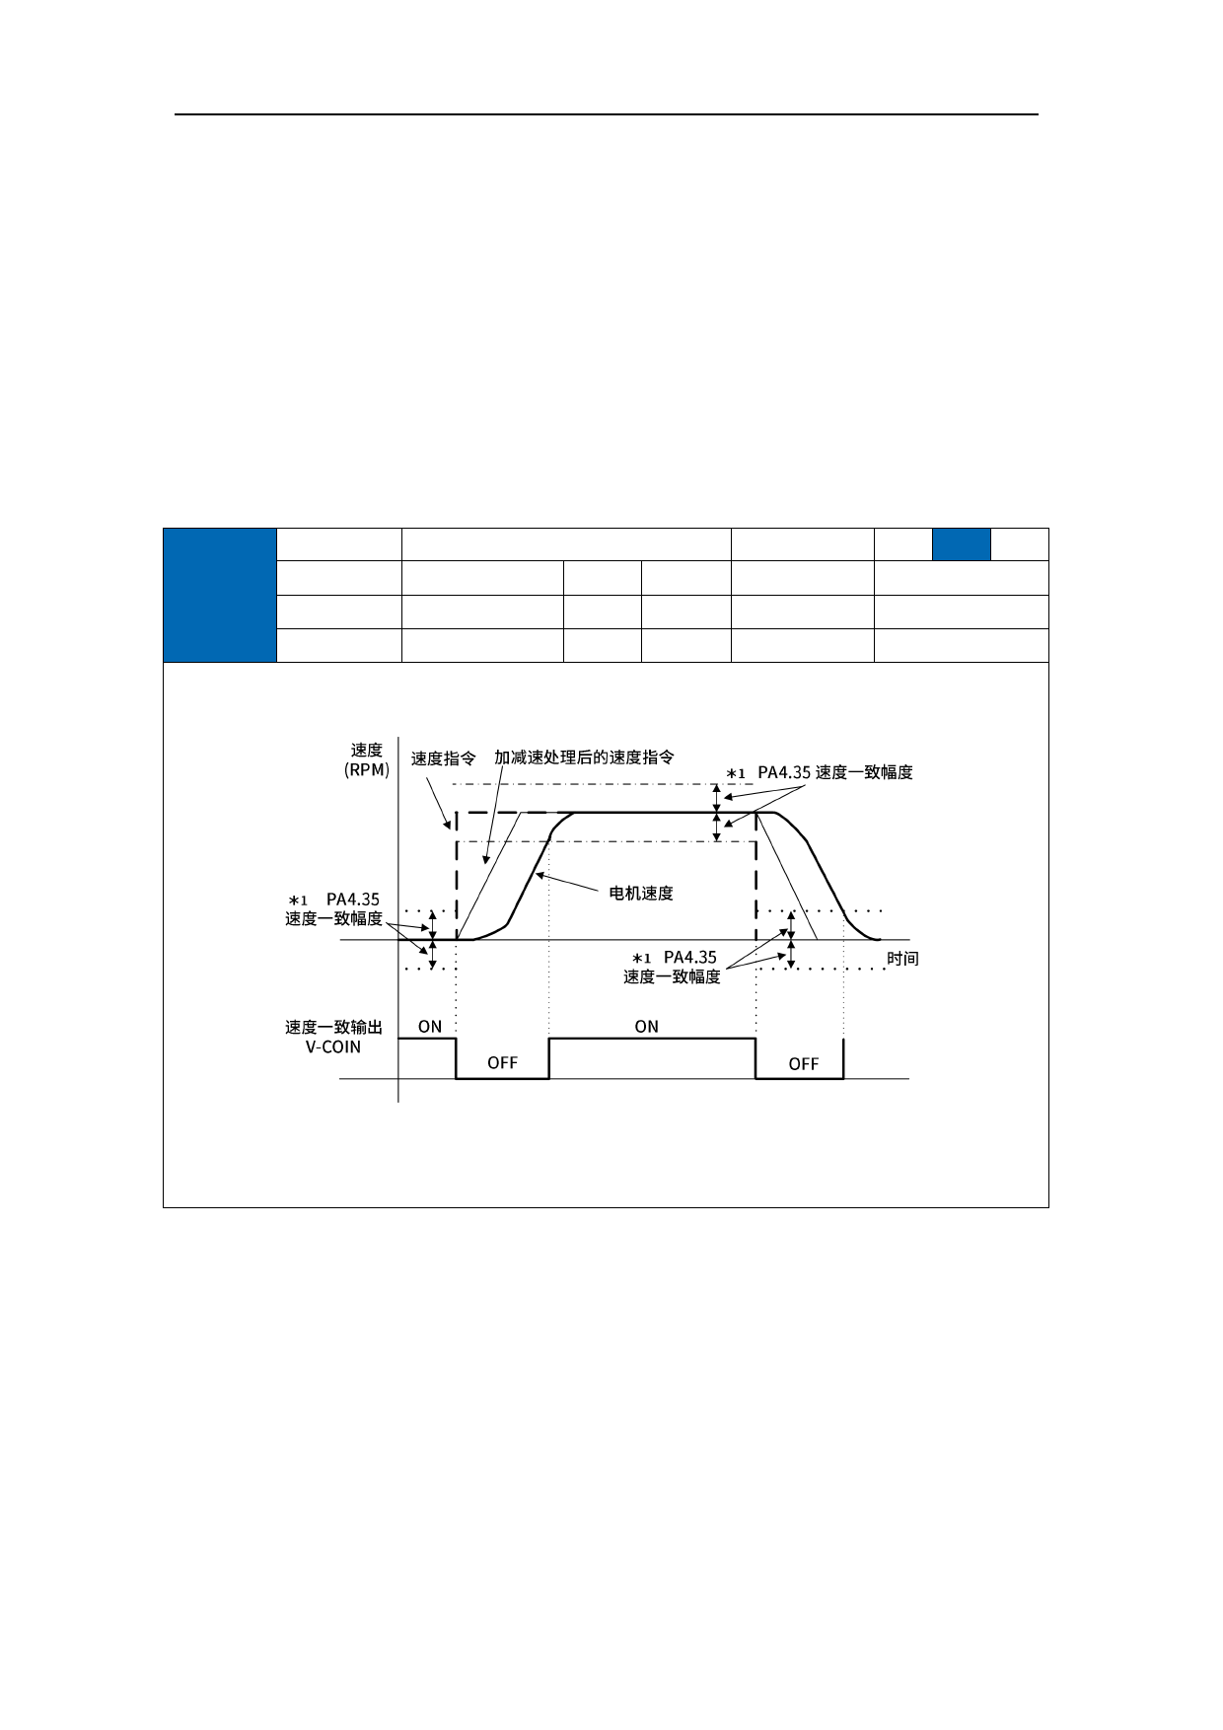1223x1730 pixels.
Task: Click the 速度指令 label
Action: click(443, 758)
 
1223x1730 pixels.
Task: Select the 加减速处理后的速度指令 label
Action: click(584, 757)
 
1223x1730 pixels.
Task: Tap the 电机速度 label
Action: click(641, 894)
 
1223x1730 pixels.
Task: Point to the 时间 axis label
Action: click(902, 959)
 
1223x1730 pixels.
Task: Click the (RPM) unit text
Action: click(367, 770)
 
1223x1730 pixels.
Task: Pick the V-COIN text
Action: click(333, 1047)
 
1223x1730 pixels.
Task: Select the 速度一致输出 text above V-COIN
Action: click(333, 1028)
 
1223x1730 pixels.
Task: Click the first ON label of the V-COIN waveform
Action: click(430, 1027)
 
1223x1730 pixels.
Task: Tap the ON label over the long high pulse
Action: click(646, 1027)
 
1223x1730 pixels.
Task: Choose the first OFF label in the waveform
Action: click(502, 1063)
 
